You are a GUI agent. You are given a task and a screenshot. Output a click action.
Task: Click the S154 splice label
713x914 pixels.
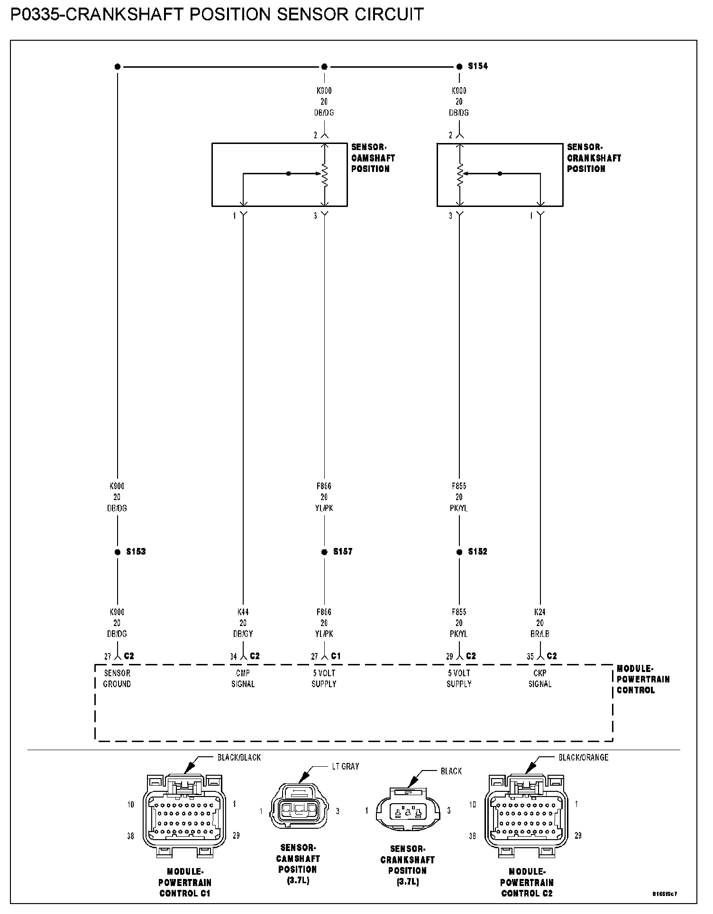click(x=477, y=66)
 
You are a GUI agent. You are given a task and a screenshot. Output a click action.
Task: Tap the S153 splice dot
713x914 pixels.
click(x=117, y=552)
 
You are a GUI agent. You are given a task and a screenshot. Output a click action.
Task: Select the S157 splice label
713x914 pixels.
click(x=342, y=552)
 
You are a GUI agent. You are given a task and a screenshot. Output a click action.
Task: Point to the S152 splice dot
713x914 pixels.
click(x=459, y=552)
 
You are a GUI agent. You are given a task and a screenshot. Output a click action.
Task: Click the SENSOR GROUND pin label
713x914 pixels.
click(x=117, y=678)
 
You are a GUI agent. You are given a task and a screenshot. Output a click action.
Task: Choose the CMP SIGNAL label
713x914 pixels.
click(x=243, y=678)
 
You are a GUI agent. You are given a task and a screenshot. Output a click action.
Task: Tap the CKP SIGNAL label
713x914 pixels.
click(x=540, y=678)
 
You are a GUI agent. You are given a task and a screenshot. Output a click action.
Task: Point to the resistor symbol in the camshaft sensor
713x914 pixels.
click(x=325, y=174)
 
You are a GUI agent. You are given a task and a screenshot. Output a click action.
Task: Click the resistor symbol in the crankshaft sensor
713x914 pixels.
click(x=459, y=174)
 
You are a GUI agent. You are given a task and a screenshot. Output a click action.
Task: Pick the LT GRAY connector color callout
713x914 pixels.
click(x=346, y=766)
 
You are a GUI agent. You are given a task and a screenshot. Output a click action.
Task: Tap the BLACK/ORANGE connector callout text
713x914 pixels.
click(x=583, y=757)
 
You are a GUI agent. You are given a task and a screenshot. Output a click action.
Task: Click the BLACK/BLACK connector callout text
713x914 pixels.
click(x=239, y=757)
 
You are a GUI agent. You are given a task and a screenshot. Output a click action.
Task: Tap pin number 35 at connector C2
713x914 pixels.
click(x=530, y=656)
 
